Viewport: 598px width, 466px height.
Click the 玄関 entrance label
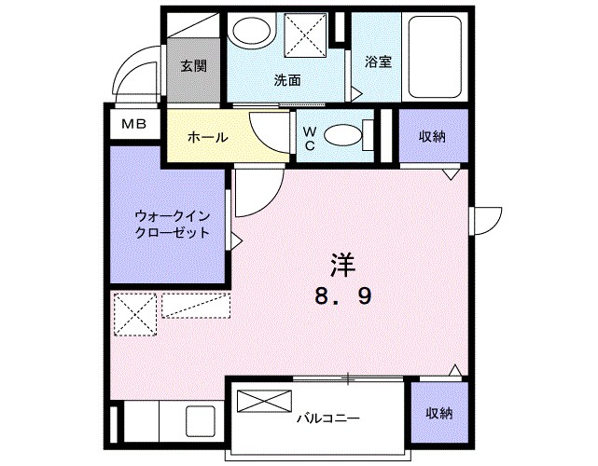[x=194, y=66]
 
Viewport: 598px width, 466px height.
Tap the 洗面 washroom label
[x=287, y=80]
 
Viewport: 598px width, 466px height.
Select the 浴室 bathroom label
[x=378, y=62]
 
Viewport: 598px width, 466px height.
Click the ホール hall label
[x=207, y=137]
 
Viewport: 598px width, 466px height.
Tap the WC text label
[x=307, y=138]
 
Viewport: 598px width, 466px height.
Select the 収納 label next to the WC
[x=431, y=136]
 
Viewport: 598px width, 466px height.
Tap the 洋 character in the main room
[x=342, y=263]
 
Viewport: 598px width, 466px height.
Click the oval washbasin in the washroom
[x=248, y=34]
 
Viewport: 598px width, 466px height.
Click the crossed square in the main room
[x=133, y=313]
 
